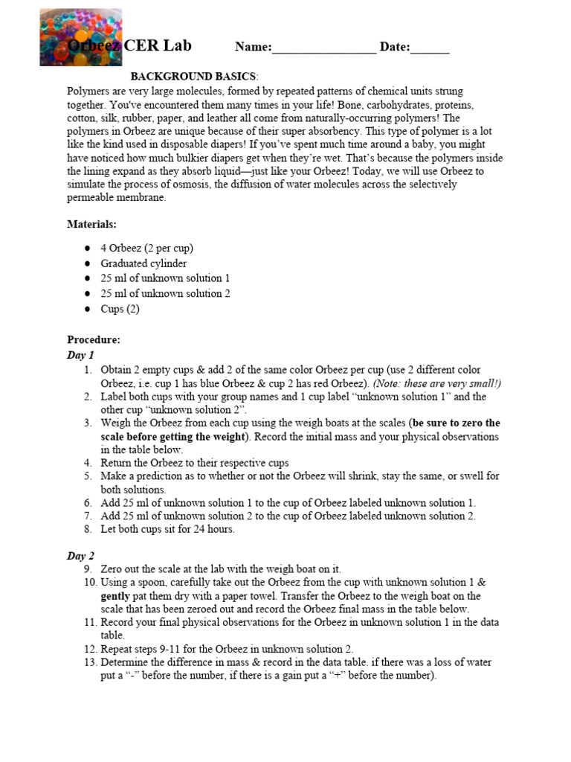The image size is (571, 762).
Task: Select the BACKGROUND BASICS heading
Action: pos(195,77)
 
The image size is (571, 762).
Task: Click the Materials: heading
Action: pos(91,224)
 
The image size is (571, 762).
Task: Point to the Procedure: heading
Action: pos(94,339)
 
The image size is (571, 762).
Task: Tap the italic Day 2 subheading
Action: pos(81,555)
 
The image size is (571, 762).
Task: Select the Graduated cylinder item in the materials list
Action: pos(143,263)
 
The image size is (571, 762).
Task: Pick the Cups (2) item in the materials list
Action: pos(120,309)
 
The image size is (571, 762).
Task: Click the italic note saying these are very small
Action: pos(437,383)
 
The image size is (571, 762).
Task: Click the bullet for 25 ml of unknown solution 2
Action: pos(88,293)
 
